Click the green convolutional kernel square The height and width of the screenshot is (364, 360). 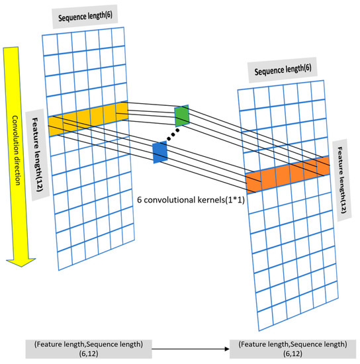click(x=181, y=116)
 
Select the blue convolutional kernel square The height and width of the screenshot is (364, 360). click(x=160, y=152)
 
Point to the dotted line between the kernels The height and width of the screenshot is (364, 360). click(x=171, y=134)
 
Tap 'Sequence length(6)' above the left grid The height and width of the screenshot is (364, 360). click(x=87, y=17)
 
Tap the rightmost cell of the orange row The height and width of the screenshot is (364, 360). click(x=321, y=165)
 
